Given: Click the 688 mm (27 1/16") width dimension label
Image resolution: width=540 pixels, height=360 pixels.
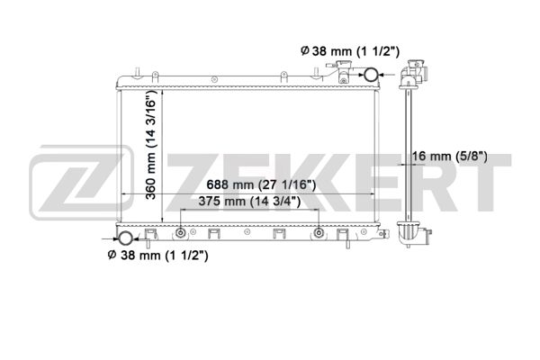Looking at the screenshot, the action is tap(261, 185).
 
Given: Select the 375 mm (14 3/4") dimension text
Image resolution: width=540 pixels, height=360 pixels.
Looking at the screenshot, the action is tap(249, 202).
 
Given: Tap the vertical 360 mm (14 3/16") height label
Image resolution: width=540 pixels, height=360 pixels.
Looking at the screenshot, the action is tap(151, 145).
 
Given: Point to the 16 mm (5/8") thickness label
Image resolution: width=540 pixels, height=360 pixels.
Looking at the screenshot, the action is tap(450, 157).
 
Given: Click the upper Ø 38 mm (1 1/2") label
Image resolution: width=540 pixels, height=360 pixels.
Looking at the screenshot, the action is tap(350, 51).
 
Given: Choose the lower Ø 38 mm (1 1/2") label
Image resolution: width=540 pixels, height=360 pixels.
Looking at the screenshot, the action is tap(158, 256).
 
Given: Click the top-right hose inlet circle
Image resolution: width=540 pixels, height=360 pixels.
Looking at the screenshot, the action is tap(371, 75).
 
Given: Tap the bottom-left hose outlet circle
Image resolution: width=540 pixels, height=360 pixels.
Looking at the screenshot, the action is tap(125, 238).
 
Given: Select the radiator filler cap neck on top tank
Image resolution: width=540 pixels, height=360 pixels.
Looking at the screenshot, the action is tap(343, 71).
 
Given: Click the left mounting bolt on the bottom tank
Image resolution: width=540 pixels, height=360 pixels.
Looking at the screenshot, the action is tap(180, 233).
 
